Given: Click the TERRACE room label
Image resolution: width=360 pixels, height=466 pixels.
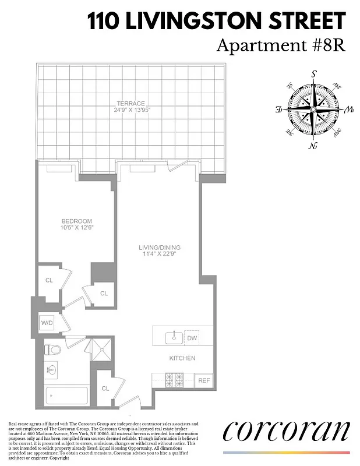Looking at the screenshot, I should (130, 104).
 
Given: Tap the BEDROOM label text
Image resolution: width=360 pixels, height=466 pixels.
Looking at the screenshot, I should (77, 221).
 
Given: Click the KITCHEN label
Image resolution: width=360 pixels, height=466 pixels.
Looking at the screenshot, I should (182, 358).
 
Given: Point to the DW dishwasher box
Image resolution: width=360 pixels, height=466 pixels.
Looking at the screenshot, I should (192, 337).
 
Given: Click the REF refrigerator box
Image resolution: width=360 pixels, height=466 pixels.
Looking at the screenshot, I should (204, 380).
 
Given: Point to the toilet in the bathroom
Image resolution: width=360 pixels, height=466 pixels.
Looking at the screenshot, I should (53, 349).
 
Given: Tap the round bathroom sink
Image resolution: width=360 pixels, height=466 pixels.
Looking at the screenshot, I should (51, 369).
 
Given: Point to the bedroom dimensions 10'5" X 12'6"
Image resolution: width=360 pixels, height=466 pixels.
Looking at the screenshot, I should (77, 228).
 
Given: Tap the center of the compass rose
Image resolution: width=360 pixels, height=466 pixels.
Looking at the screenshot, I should (313, 109).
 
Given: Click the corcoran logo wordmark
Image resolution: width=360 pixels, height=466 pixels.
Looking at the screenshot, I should (287, 432).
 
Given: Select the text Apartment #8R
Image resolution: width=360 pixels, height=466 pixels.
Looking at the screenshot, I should (280, 45).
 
